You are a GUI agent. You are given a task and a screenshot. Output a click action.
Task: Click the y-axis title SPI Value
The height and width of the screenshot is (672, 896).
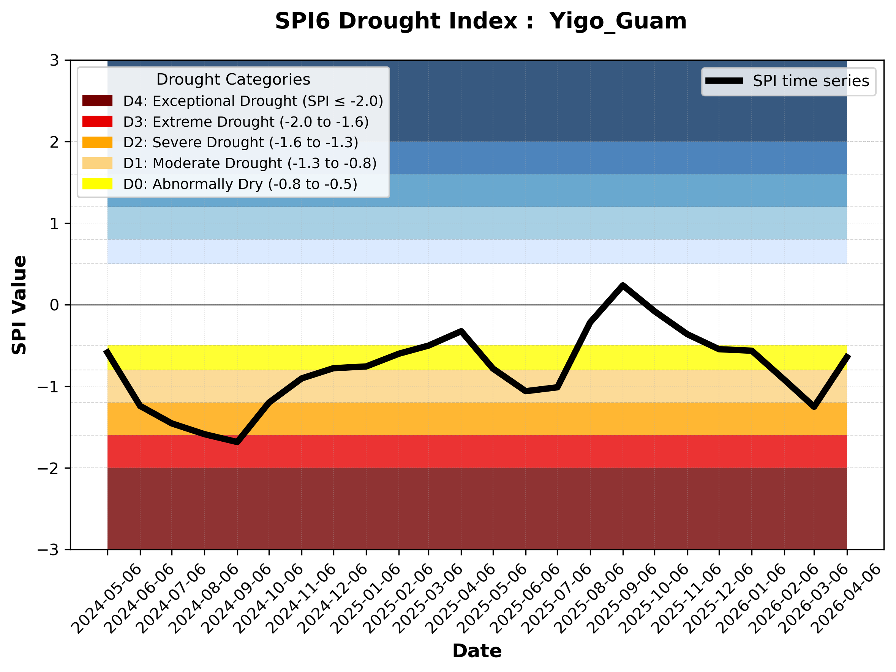19,305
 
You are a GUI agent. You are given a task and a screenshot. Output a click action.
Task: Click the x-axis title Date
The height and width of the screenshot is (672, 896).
477,651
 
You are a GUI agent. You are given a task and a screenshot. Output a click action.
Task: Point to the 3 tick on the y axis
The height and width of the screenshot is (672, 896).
54,61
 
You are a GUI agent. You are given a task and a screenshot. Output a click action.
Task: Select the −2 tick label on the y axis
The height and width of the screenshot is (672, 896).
49,469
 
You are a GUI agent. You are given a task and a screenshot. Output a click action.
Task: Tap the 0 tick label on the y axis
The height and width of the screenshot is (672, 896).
54,305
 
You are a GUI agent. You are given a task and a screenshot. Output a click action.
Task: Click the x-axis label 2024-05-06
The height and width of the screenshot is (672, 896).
107,598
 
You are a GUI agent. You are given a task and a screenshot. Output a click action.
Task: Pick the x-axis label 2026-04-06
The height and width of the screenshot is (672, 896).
847,598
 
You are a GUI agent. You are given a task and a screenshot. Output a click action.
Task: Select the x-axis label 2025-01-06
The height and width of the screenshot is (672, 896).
367,598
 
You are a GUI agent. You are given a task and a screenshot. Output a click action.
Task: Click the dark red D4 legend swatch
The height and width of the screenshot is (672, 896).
97,101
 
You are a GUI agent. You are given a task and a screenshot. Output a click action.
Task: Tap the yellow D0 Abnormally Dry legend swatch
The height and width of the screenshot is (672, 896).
97,184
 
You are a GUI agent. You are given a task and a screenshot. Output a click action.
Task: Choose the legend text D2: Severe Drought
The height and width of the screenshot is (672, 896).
240,142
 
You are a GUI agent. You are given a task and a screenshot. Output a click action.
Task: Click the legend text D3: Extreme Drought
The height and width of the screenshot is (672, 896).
246,122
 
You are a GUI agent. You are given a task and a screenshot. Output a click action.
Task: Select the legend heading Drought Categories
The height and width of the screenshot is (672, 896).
233,80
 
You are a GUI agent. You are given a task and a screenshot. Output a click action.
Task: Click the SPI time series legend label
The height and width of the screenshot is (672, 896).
811,81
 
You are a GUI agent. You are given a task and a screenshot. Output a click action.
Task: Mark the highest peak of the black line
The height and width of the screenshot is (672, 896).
623,286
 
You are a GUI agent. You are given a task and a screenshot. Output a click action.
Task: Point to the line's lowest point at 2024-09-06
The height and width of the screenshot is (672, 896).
237,442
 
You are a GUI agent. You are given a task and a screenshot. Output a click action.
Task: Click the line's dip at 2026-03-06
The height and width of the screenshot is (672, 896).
814,407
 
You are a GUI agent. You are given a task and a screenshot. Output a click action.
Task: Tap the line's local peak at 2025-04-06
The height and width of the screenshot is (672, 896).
461,331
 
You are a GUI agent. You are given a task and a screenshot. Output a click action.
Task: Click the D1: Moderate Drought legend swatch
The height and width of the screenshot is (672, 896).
97,163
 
